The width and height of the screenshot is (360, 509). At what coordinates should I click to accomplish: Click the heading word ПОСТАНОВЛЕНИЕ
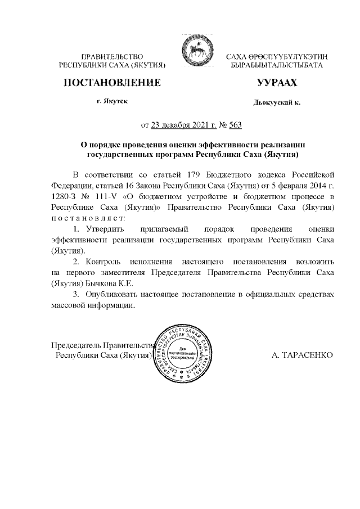(x=113, y=83)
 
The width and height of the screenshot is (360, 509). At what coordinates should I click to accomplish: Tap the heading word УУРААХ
(x=276, y=83)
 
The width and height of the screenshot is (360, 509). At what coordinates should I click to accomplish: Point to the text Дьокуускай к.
(x=277, y=103)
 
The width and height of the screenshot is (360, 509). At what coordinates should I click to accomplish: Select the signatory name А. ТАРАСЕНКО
(x=302, y=355)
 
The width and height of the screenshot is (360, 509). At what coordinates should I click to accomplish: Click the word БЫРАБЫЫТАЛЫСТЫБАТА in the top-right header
(x=277, y=66)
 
